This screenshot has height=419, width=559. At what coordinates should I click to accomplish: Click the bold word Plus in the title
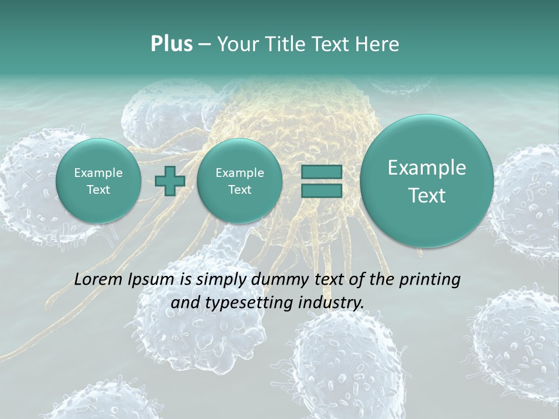coord(171,44)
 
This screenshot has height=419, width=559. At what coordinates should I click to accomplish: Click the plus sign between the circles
coord(171,181)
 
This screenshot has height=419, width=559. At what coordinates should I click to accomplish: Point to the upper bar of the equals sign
coord(321,172)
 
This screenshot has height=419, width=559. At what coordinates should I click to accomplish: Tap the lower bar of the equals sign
coord(321,190)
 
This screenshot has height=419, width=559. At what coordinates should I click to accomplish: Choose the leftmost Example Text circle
coord(98,181)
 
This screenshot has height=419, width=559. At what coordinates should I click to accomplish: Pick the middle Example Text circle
coord(240,181)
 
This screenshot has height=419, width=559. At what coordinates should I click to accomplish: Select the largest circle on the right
coord(427,181)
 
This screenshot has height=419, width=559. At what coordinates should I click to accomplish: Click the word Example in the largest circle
coord(427,168)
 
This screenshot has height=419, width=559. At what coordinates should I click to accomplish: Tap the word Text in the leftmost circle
coord(98,190)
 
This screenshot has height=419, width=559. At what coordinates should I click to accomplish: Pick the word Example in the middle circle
coord(240,173)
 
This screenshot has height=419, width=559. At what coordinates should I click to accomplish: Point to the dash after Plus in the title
coord(204,45)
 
